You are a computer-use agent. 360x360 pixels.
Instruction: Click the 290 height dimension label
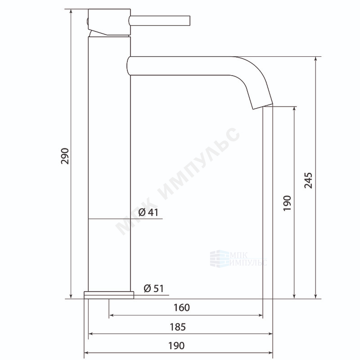[65, 156]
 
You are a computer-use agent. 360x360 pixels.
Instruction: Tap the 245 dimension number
[308, 180]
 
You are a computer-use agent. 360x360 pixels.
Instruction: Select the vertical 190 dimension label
[287, 203]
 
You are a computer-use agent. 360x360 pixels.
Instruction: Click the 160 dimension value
[182, 308]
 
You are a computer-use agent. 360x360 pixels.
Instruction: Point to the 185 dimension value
[178, 327]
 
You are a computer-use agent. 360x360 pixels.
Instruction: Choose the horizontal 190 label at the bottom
[176, 346]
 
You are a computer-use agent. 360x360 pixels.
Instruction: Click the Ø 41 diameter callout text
[148, 212]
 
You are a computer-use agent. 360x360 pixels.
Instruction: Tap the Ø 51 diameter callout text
[154, 288]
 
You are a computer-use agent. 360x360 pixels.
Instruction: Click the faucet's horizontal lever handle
[160, 21]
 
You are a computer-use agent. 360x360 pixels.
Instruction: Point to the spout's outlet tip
[263, 107]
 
